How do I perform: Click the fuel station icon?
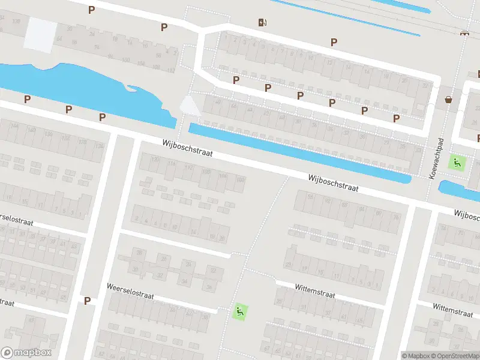pos(262,23)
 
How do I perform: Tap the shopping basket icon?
pos(448,99)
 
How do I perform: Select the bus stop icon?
pos(463,33)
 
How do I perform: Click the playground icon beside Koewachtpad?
pos(458,162)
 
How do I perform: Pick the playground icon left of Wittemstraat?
pos(240,311)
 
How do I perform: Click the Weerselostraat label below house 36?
pos(131,292)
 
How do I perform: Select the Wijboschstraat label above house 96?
pos(333,183)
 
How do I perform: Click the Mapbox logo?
pos(26,353)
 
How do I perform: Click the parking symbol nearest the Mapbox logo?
pos(88,301)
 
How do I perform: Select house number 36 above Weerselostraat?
pos(188,264)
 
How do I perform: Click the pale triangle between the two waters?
pos(190,106)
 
